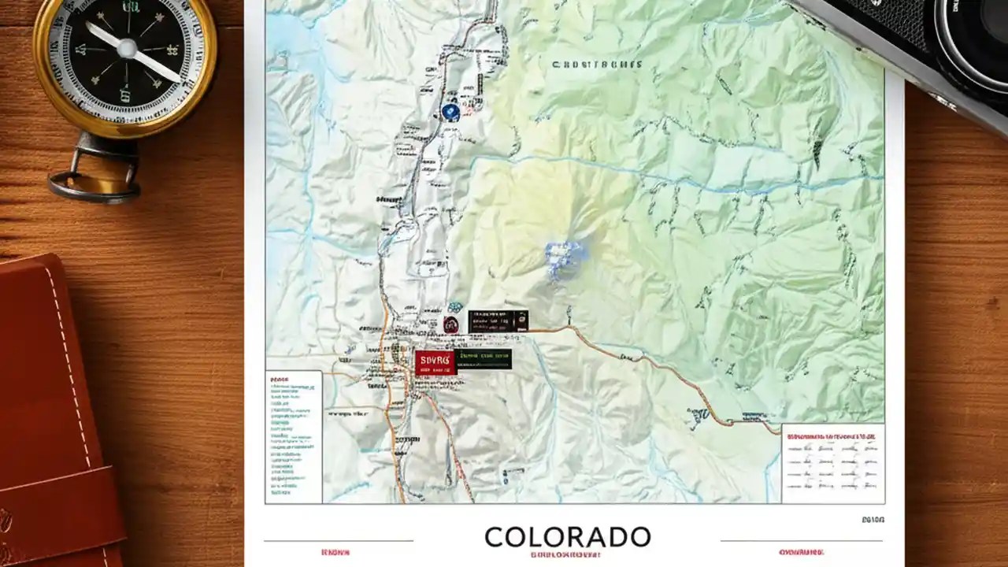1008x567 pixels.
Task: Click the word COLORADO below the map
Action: (x=567, y=536)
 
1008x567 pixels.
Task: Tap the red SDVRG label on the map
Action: (x=435, y=361)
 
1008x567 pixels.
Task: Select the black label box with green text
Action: (x=484, y=359)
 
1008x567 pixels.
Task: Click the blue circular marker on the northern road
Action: (x=450, y=113)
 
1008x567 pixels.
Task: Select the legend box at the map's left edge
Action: (x=293, y=435)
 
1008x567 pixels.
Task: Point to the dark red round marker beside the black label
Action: (x=451, y=323)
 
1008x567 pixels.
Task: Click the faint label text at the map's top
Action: (x=597, y=65)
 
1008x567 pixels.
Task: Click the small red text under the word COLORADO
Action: (x=567, y=554)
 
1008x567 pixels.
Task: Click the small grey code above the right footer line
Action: (x=873, y=521)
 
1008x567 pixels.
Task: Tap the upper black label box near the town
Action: (x=498, y=321)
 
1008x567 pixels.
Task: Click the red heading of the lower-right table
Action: (x=832, y=434)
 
